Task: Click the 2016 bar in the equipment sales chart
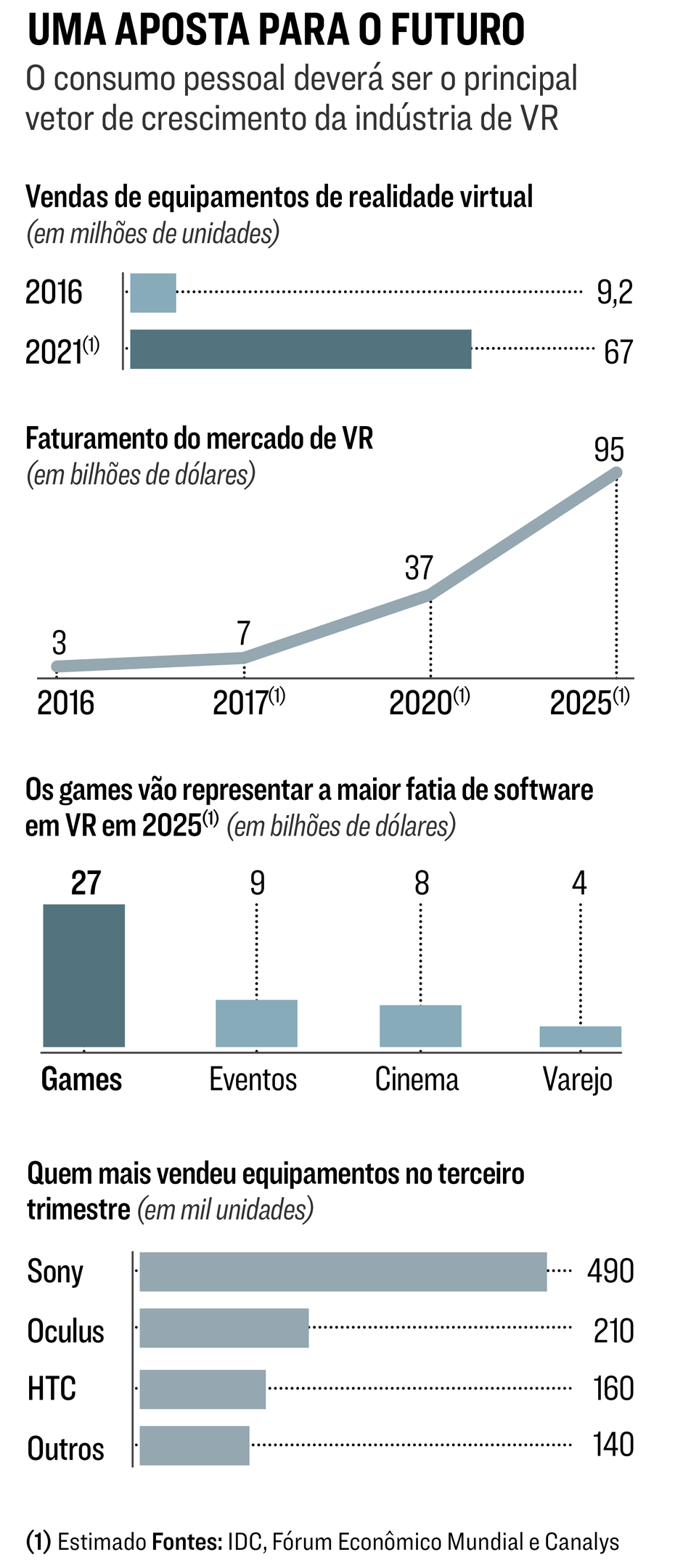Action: [153, 293]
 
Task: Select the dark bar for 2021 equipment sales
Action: [300, 349]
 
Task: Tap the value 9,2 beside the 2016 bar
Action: [615, 293]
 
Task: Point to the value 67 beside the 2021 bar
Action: [618, 352]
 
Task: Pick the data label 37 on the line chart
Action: [419, 568]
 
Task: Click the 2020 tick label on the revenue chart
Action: [421, 703]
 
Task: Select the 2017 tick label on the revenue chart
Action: [241, 703]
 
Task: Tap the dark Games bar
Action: [84, 975]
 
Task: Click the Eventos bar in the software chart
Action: [256, 1023]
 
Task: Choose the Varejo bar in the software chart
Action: [580, 1036]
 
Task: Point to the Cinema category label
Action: [417, 1079]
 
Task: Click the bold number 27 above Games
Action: [86, 883]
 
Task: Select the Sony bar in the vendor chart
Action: [343, 1272]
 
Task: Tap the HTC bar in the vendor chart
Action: [203, 1389]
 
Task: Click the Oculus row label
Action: [65, 1331]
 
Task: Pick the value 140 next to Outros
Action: [613, 1445]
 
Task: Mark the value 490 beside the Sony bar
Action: [610, 1271]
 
